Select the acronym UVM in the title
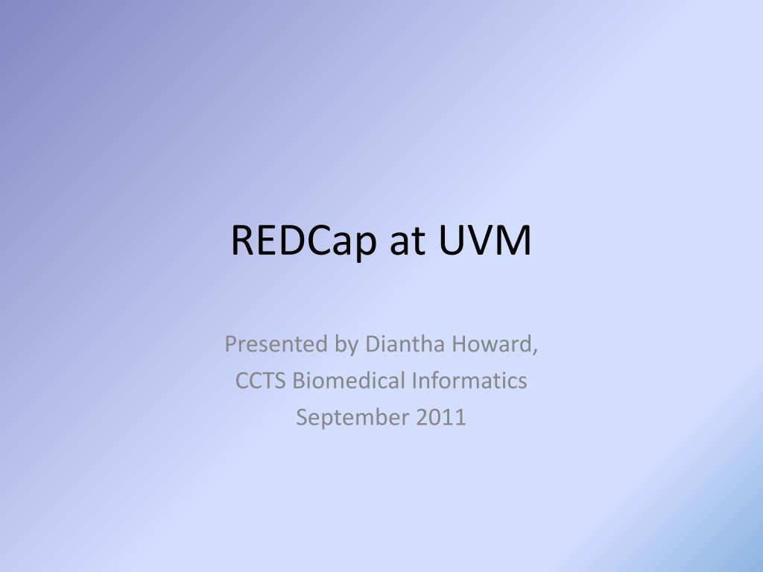pyautogui.click(x=485, y=241)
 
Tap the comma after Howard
pyautogui.click(x=536, y=350)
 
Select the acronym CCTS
pyautogui.click(x=262, y=381)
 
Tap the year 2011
pyautogui.click(x=440, y=418)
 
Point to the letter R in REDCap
pyautogui.click(x=240, y=241)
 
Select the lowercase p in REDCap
pyautogui.click(x=365, y=244)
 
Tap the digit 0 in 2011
pyautogui.click(x=435, y=418)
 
